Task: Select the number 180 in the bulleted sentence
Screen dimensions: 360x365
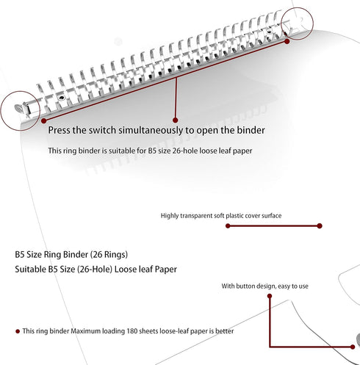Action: click(132, 331)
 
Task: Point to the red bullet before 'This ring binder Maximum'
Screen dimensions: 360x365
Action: click(18, 331)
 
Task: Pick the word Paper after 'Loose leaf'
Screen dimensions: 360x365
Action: click(166, 270)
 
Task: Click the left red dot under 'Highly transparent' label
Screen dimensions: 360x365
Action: click(228, 226)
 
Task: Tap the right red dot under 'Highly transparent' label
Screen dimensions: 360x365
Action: click(320, 226)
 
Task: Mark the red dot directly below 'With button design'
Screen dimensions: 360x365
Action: click(270, 296)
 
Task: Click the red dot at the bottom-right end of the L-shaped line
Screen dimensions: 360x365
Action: click(353, 347)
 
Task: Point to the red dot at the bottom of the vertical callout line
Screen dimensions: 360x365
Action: click(175, 120)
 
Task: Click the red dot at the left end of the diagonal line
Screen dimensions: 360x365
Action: click(44, 120)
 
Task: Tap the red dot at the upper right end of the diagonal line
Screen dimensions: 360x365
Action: click(287, 42)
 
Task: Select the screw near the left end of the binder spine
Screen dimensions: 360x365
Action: click(62, 98)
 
